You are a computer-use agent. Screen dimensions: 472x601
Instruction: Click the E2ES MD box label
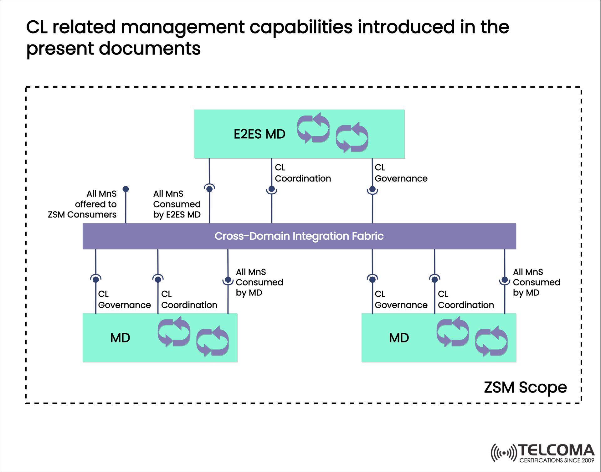[259, 134]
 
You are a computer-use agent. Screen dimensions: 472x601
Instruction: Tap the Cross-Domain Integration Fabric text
[299, 236]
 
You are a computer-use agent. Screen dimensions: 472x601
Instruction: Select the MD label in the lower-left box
[120, 338]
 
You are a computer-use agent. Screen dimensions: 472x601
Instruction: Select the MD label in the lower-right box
[399, 338]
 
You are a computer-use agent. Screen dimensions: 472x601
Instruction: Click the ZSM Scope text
[525, 387]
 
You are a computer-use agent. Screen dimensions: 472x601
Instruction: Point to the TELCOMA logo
[542, 453]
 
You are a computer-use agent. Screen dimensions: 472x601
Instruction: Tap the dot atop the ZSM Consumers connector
[126, 189]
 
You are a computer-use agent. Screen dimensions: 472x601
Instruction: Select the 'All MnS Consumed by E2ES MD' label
[177, 204]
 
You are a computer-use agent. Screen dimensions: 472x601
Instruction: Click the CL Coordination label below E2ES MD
[302, 173]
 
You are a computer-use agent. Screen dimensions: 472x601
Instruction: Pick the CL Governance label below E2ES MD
[401, 173]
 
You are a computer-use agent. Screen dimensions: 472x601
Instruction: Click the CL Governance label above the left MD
[124, 300]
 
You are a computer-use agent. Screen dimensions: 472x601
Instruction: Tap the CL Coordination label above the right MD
[465, 300]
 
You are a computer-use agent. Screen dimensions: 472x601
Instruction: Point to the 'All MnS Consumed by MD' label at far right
[536, 282]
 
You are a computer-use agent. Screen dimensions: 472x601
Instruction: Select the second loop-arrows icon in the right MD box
[491, 341]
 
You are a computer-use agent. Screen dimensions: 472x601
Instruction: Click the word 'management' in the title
[182, 27]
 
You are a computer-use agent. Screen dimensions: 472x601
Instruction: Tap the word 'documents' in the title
[150, 49]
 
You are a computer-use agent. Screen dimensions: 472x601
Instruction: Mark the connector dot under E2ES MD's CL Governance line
[372, 189]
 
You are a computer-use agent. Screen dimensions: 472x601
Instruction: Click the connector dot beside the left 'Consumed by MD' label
[228, 280]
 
